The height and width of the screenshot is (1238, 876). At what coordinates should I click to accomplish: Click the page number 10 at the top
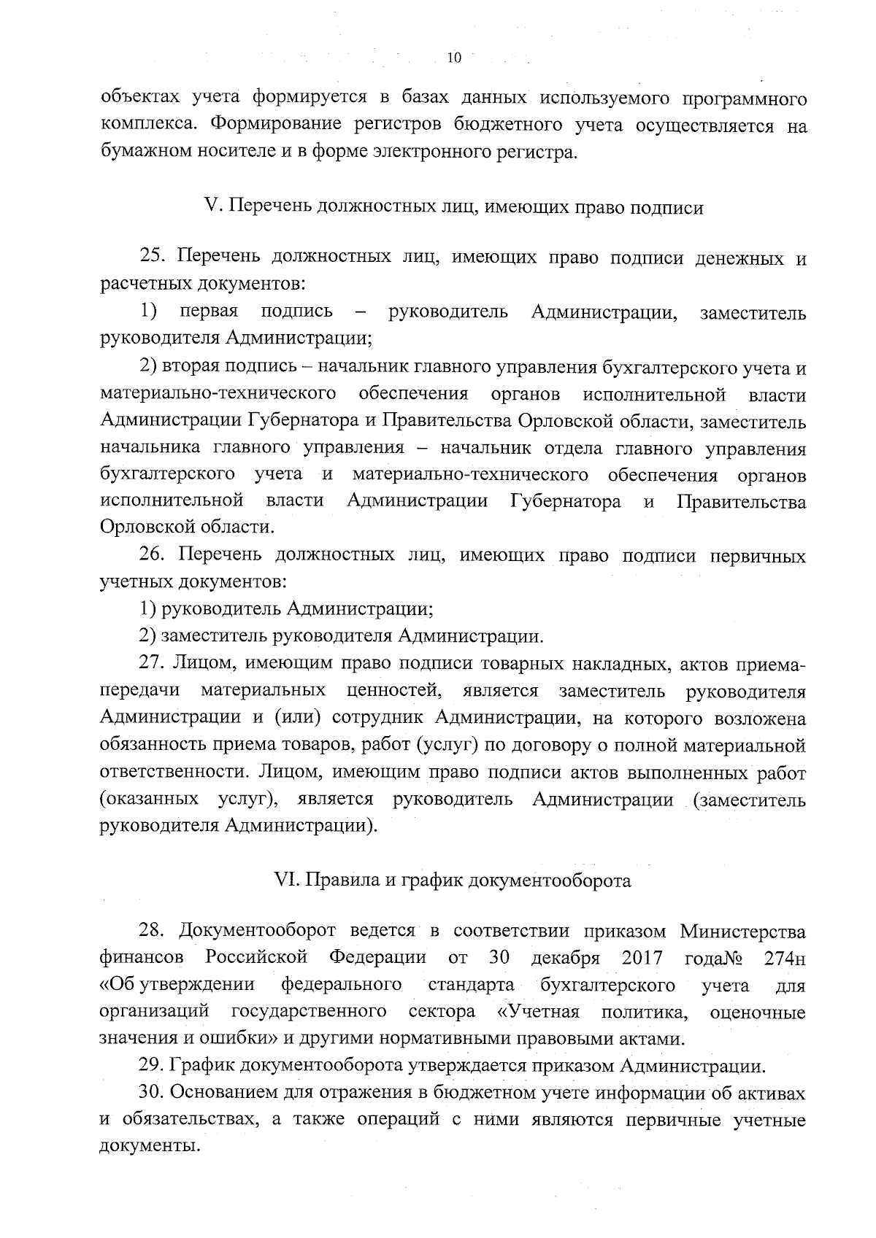click(x=454, y=58)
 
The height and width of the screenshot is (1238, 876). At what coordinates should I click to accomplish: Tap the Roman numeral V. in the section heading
click(x=213, y=207)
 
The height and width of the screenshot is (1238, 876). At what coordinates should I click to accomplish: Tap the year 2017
click(x=642, y=958)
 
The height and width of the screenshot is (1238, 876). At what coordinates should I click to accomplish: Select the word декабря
click(x=566, y=959)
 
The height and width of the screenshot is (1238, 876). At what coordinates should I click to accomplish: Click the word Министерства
click(x=743, y=932)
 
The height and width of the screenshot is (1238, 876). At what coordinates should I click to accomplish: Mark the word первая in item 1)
click(x=209, y=312)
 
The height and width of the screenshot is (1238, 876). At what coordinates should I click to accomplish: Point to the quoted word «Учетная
click(x=538, y=1013)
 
